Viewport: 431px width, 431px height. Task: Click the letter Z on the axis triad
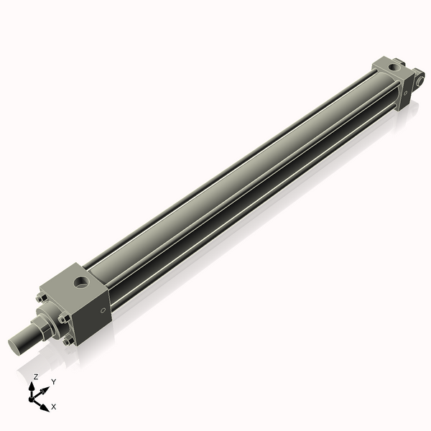pyautogui.click(x=35, y=376)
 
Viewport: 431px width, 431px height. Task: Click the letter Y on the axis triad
pyautogui.click(x=53, y=381)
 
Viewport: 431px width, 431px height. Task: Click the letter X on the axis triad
pyautogui.click(x=54, y=407)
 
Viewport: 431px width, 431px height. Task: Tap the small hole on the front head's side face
pyautogui.click(x=104, y=310)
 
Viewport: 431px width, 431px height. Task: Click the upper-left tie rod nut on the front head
pyautogui.click(x=41, y=293)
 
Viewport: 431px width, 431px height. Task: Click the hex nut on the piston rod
pyautogui.click(x=40, y=328)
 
